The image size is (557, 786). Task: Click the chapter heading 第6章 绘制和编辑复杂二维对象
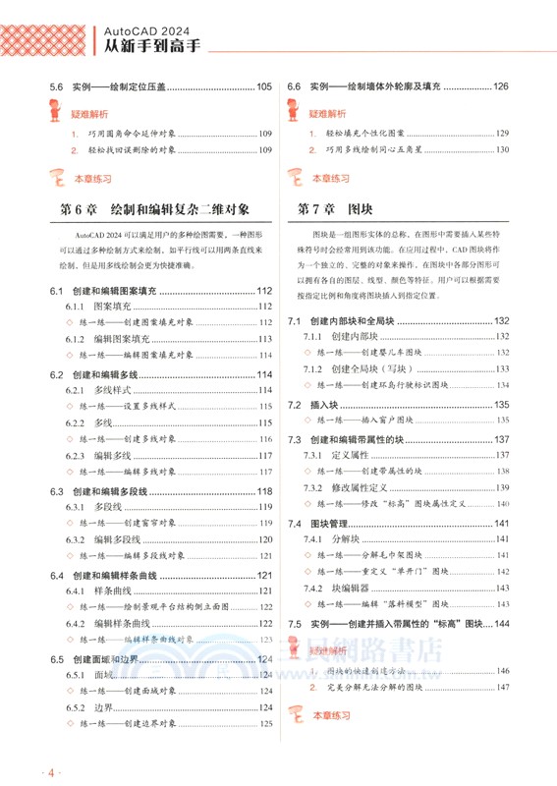click(155, 209)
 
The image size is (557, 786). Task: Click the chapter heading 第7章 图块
click(334, 209)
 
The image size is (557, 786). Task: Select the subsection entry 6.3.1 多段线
click(94, 507)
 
